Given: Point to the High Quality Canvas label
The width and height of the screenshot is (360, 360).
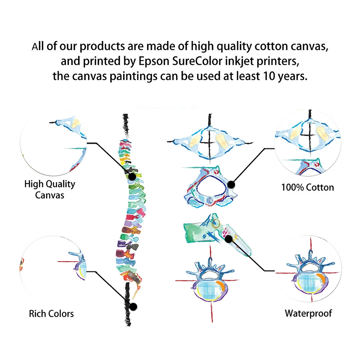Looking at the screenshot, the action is [50, 189].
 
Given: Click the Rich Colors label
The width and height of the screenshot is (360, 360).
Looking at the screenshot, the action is [51, 314].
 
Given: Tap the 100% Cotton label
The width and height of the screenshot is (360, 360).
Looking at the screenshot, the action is [307, 187].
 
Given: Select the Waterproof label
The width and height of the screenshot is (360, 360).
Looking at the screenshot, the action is [308, 313].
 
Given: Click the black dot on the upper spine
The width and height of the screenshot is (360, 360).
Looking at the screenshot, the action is [132, 177].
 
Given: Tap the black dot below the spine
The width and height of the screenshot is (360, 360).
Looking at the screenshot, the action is [133, 307].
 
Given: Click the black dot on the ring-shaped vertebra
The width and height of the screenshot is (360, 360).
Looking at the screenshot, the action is [231, 185].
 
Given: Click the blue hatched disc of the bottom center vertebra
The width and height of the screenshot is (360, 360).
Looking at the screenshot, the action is [207, 288].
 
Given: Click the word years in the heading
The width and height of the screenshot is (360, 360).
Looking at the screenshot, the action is [290, 77].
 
